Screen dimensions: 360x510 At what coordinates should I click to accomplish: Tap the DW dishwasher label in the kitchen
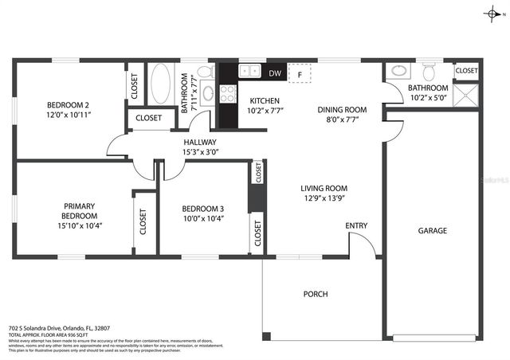275,73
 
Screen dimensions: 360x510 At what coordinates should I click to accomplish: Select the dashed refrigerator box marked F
300,73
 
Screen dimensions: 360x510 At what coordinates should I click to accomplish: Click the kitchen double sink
249,71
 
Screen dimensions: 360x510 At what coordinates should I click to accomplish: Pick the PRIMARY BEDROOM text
80,210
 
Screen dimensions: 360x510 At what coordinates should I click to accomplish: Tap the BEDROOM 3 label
202,209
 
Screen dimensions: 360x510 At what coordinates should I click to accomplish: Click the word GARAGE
433,231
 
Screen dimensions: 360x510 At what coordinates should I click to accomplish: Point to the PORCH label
316,294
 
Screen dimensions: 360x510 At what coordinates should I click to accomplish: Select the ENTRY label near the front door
356,226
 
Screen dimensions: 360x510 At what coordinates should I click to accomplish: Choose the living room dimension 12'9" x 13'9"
324,199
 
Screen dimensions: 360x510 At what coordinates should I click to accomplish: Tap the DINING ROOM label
342,110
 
